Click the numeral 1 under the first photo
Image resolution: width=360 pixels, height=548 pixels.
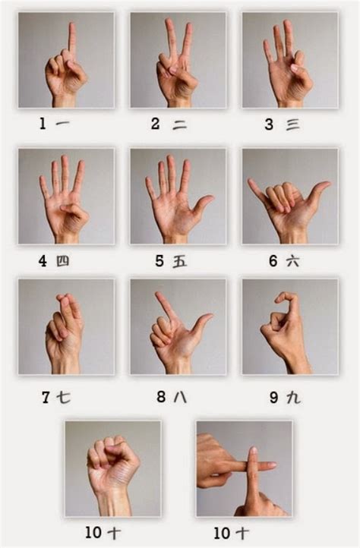[43, 124]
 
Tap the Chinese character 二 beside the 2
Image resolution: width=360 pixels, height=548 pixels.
[180, 124]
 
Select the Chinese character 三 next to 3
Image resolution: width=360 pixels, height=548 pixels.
[292, 124]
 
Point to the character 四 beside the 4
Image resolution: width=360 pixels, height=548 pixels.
[63, 261]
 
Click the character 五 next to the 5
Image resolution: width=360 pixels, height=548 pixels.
[180, 261]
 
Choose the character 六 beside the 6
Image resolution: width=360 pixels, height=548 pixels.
[292, 261]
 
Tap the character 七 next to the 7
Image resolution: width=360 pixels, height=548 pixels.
[64, 396]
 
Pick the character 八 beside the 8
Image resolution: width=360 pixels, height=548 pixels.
[180, 396]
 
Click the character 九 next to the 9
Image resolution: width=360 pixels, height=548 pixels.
[293, 396]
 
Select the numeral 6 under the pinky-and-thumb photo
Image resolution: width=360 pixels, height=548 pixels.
[273, 261]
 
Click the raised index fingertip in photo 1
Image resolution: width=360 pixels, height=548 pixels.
[71, 27]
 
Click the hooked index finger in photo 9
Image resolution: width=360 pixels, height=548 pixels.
[286, 298]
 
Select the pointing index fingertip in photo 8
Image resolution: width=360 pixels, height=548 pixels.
[159, 295]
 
